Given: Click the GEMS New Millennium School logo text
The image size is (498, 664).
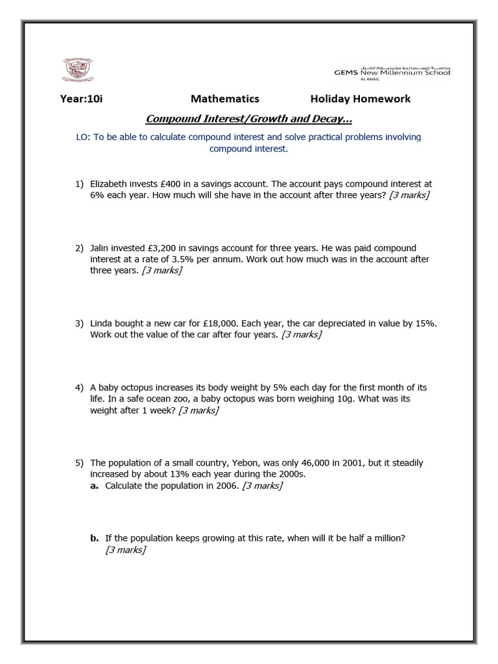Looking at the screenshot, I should coord(392,72).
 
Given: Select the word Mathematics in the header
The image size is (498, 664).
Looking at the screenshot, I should coord(224,99).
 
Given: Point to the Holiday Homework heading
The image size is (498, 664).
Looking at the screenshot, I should coord(360,99).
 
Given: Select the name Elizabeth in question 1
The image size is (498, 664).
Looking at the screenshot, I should coord(111,184).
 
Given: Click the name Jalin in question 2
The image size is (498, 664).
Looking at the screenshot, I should coord(101,248).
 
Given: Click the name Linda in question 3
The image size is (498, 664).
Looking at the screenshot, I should coord(102,323).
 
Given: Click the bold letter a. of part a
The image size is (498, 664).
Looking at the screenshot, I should coord(94,486).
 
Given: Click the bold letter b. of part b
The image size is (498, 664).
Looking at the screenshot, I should coord(94,538).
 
